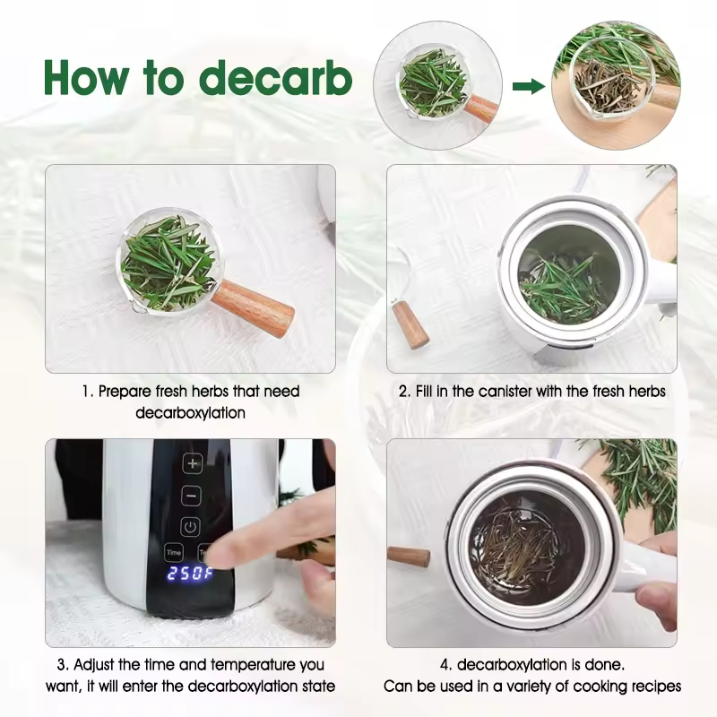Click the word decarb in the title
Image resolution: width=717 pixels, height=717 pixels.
[276, 78]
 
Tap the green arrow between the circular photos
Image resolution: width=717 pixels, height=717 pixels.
[529, 86]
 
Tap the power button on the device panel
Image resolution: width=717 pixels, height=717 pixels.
[191, 526]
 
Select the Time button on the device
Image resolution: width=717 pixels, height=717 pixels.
[174, 552]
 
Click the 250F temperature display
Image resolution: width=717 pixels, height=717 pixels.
[190, 573]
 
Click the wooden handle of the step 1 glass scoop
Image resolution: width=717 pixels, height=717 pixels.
[255, 308]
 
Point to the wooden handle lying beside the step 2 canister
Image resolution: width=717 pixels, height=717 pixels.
[410, 324]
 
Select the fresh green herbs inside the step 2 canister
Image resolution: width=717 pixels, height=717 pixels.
[564, 288]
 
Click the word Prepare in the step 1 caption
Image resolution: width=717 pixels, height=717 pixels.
[125, 392]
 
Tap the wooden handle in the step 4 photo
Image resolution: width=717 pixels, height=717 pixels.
[409, 557]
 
